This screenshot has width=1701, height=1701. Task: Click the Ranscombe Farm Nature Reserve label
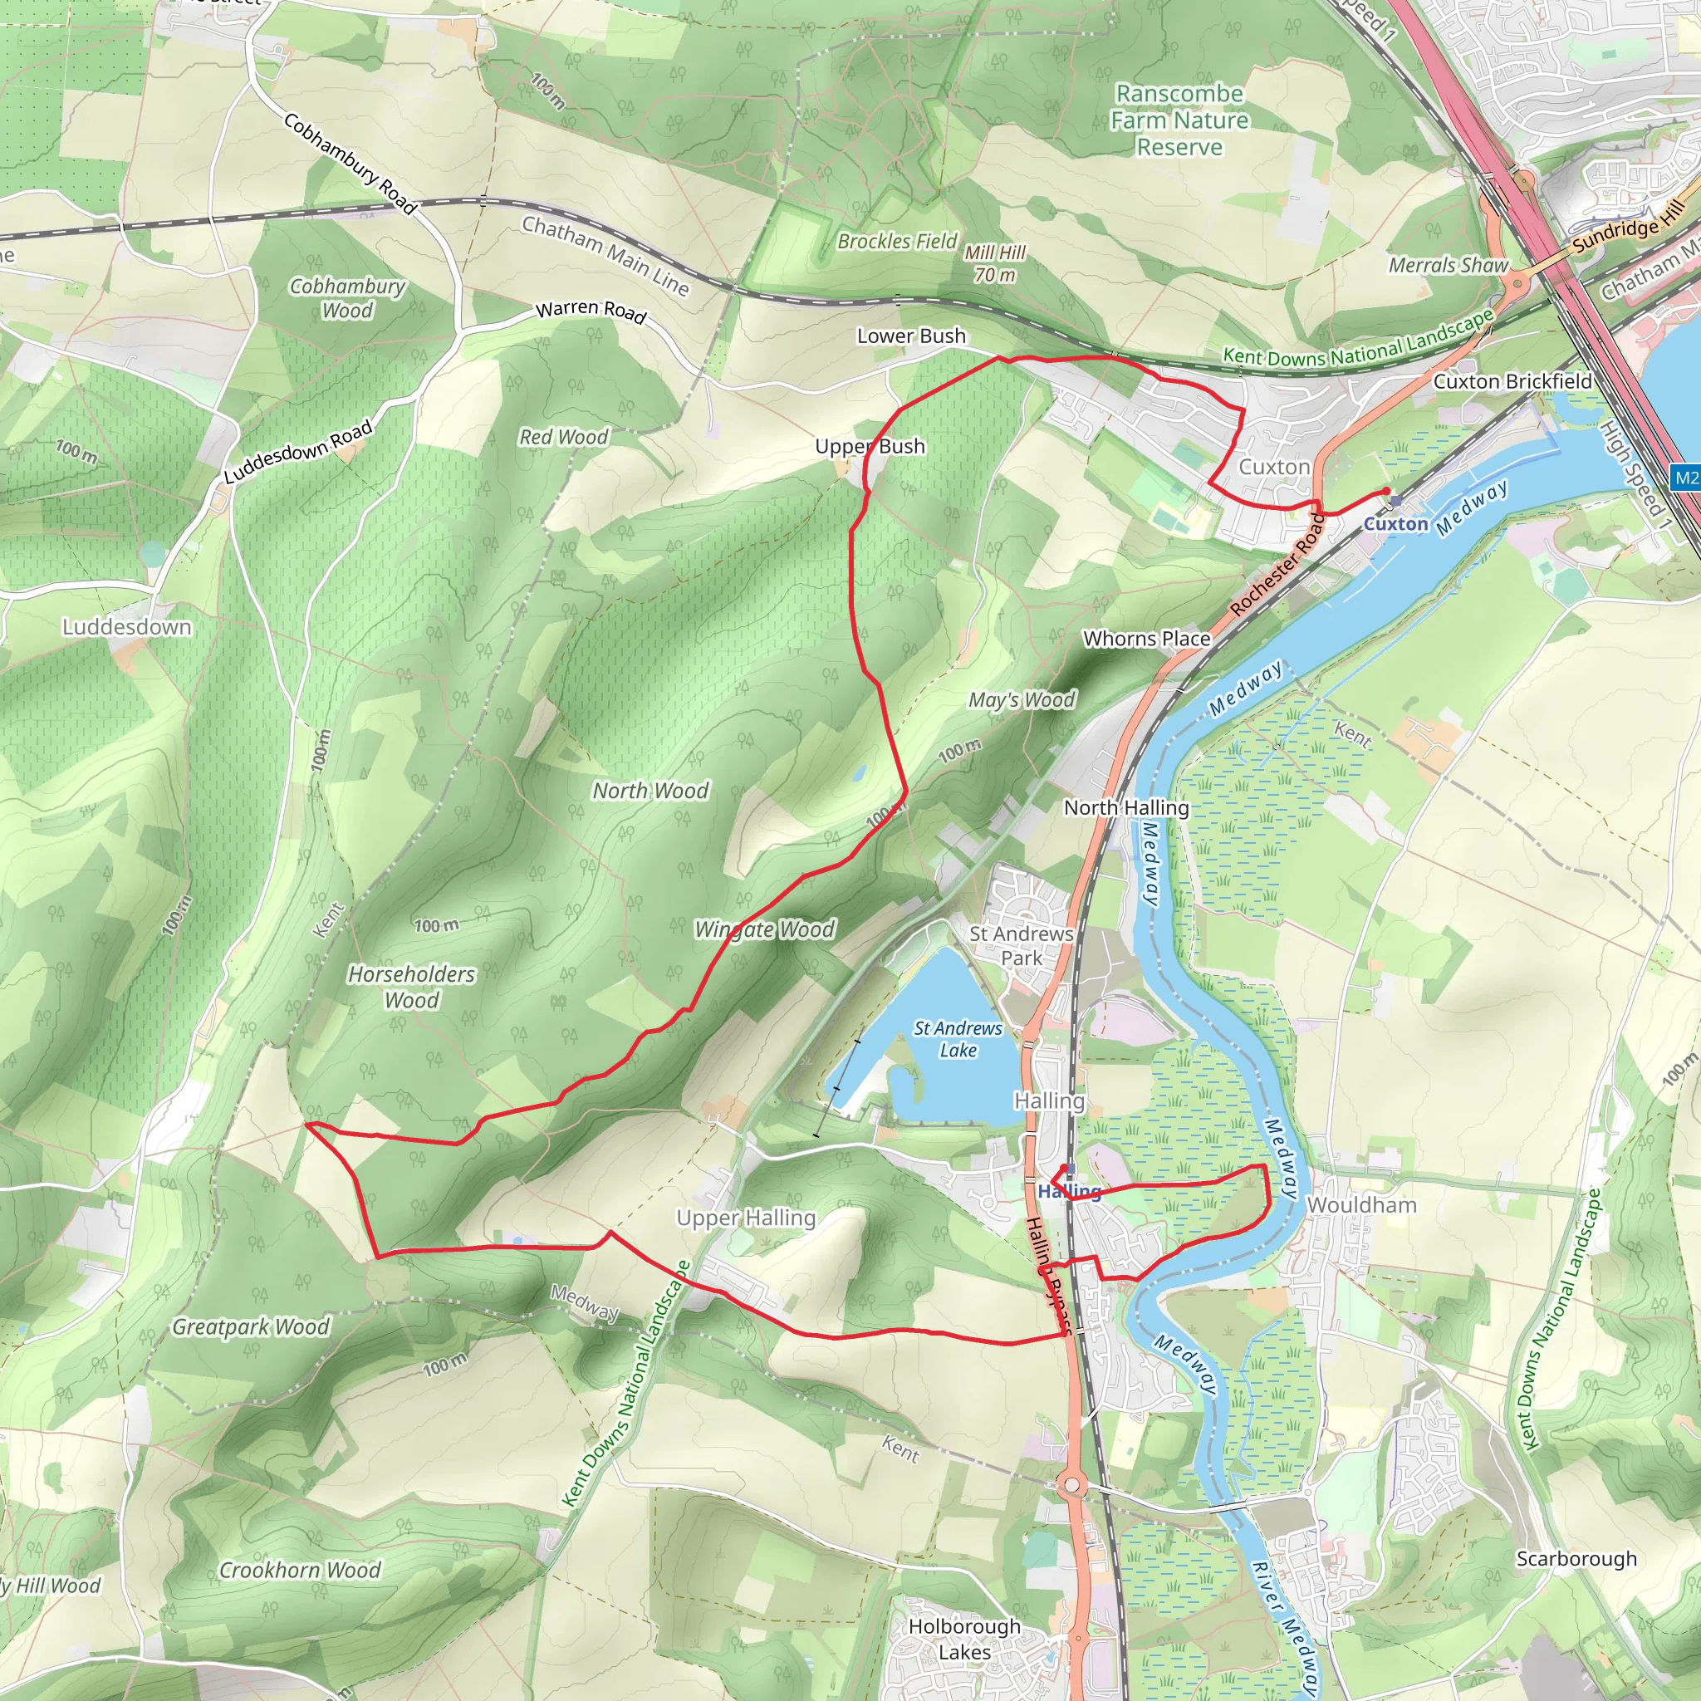tap(1179, 120)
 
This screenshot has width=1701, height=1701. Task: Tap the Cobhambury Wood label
tap(347, 298)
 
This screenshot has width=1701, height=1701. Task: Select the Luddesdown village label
tap(127, 627)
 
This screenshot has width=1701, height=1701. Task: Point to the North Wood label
tap(650, 791)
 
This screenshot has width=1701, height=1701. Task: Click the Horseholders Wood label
tap(411, 986)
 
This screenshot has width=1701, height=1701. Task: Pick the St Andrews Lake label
tap(958, 1039)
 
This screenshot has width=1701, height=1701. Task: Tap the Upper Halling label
tap(746, 1218)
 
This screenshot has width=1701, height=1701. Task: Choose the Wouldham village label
tap(1361, 1204)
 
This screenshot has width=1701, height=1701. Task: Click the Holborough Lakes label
tap(964, 1639)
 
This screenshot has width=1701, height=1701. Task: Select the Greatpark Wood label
tap(250, 1326)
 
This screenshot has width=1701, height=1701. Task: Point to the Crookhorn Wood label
tap(299, 1570)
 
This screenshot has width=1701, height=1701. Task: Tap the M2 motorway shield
tap(1685, 478)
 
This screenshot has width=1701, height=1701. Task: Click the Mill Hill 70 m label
tap(995, 263)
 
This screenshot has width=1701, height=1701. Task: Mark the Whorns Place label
tap(1146, 639)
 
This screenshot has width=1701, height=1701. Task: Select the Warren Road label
tap(591, 310)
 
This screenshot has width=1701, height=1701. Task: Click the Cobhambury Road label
tap(350, 164)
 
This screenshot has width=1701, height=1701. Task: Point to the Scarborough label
tap(1576, 1558)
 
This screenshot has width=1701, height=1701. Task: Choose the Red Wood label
tap(563, 437)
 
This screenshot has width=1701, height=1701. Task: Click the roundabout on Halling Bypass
tap(1071, 1487)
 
